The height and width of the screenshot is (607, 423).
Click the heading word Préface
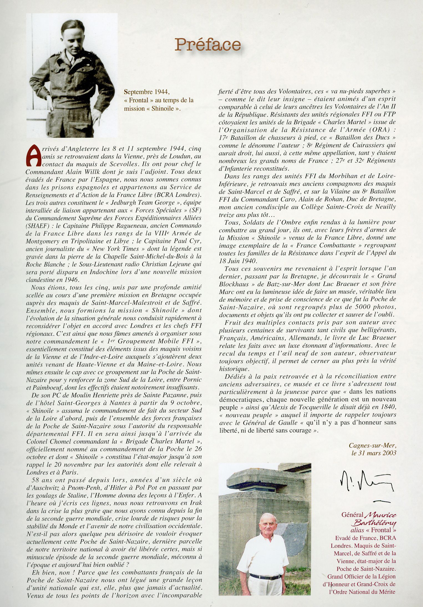point(208,45)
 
